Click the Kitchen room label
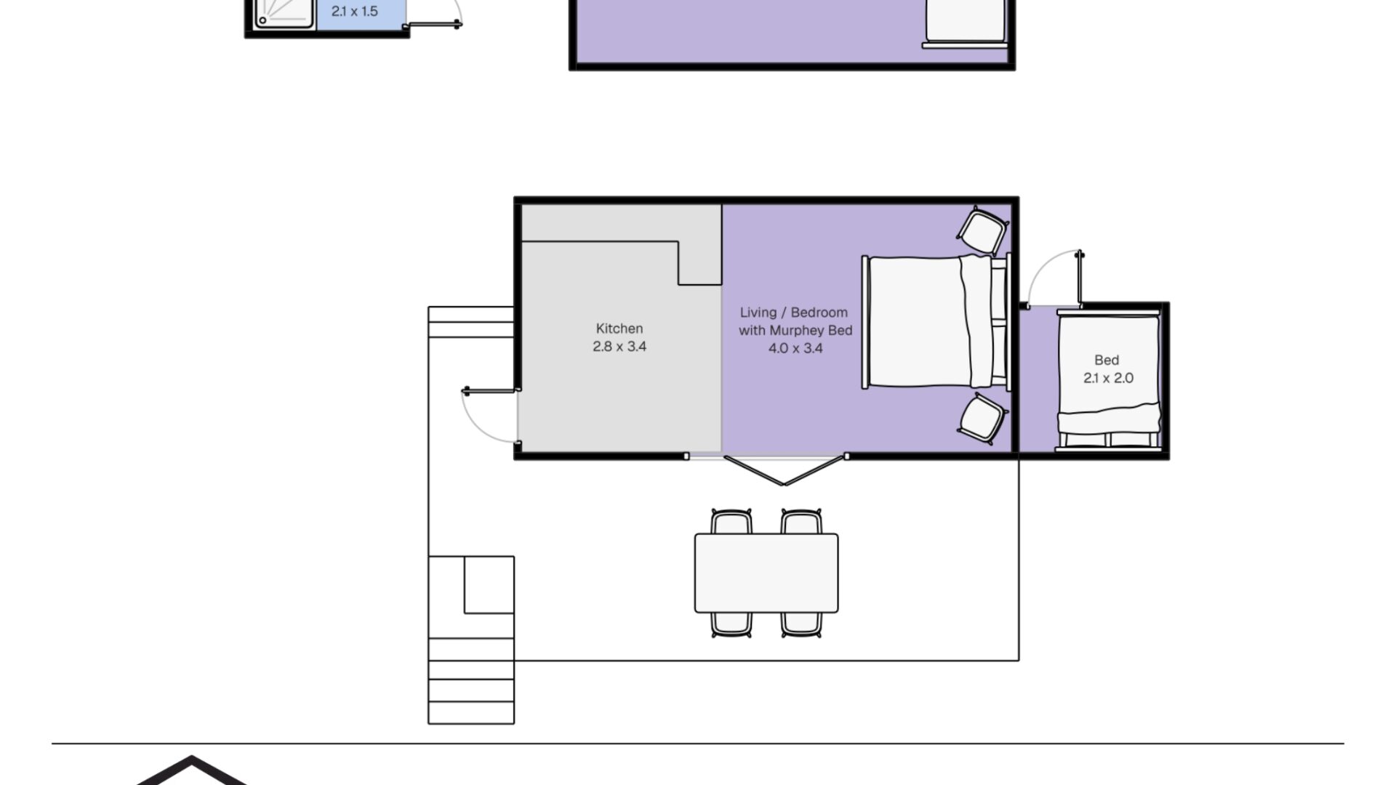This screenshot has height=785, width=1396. pyautogui.click(x=619, y=329)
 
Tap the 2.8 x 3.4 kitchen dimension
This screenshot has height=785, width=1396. pyautogui.click(x=619, y=347)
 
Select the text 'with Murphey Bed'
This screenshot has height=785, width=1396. pyautogui.click(x=795, y=331)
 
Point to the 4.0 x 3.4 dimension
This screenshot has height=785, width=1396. pyautogui.click(x=795, y=348)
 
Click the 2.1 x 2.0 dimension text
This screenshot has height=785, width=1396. pyautogui.click(x=1108, y=378)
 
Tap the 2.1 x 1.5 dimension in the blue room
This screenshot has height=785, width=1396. pyautogui.click(x=354, y=12)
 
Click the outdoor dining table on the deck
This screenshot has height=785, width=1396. pyautogui.click(x=766, y=573)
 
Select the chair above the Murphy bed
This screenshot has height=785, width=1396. pyautogui.click(x=982, y=231)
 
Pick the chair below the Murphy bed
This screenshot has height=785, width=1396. pyautogui.click(x=982, y=419)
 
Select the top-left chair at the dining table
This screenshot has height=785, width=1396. pyautogui.click(x=731, y=522)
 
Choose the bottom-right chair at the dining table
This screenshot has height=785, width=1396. pyautogui.click(x=801, y=624)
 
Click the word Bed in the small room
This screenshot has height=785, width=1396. pyautogui.click(x=1107, y=360)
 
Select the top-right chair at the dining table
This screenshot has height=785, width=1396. pyautogui.click(x=801, y=522)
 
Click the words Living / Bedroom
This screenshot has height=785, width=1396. pyautogui.click(x=794, y=313)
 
